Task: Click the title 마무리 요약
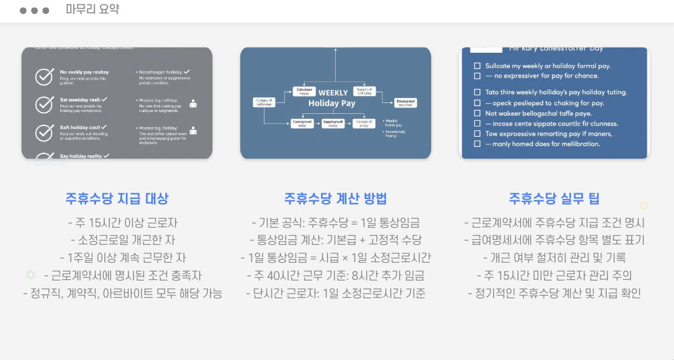(92, 10)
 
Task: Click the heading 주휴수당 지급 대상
(117, 198)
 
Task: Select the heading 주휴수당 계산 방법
(335, 198)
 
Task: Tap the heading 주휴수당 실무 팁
(554, 198)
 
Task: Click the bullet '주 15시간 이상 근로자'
(123, 223)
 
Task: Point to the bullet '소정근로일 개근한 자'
(123, 240)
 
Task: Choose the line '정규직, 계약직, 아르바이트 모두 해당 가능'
(123, 293)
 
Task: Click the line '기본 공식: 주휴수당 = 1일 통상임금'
(335, 223)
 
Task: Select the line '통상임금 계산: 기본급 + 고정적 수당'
(335, 240)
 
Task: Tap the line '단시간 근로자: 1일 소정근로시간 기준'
(335, 293)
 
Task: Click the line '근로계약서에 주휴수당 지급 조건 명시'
(554, 223)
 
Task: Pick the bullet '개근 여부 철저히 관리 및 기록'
(554, 258)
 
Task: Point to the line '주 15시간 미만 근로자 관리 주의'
(554, 275)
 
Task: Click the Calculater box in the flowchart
(303, 91)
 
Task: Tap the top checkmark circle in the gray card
(44, 76)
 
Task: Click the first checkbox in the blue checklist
(478, 66)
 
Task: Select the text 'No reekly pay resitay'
(84, 73)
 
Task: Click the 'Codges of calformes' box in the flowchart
(263, 102)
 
